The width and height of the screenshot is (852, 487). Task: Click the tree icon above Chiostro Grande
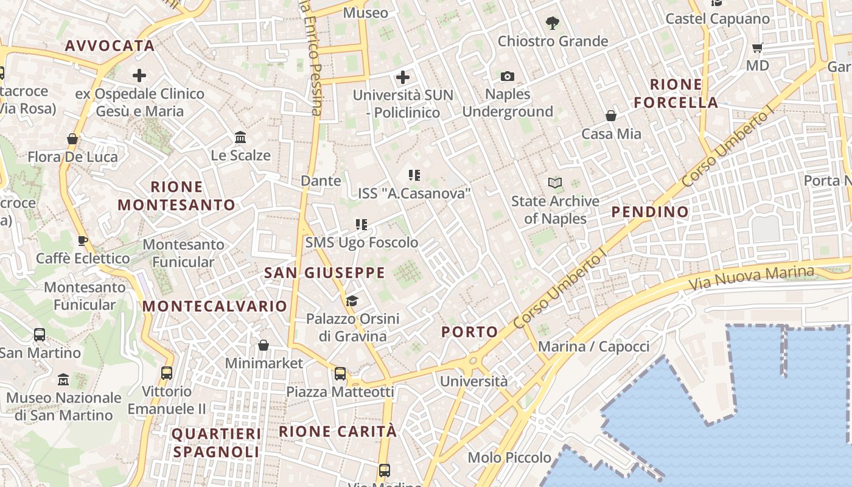[553, 23]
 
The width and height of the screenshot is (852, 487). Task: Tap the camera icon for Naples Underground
[508, 76]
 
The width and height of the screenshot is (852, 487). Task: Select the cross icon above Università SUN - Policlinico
[402, 77]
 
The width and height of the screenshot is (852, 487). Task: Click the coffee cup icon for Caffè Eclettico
[83, 240]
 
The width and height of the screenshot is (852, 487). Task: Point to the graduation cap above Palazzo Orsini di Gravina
[352, 301]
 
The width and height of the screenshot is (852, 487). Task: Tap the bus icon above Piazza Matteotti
[340, 373]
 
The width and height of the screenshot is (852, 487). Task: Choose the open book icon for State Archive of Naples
[554, 183]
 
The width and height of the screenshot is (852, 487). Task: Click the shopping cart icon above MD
[758, 47]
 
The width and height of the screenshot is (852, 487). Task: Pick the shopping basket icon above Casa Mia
[611, 116]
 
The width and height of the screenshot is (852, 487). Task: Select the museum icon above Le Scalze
[240, 137]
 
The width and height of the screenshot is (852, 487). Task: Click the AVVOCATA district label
[110, 46]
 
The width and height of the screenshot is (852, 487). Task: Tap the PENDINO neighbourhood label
[650, 212]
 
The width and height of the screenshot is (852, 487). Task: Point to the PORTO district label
[470, 332]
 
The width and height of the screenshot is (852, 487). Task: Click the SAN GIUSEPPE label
[325, 273]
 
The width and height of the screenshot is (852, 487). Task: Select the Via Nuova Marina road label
[751, 278]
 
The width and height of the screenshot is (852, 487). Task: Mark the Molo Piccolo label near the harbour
[509, 457]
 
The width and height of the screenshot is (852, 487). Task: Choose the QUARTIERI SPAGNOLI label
[216, 443]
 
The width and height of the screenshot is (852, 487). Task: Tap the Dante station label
[321, 181]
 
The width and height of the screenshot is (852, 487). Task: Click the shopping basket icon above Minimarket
[264, 345]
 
